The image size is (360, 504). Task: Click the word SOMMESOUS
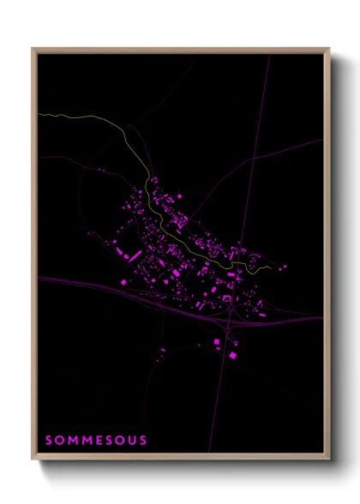pyautogui.click(x=95, y=441)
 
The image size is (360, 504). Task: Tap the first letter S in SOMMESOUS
pyautogui.click(x=48, y=441)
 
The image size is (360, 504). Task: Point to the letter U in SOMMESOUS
pyautogui.click(x=130, y=441)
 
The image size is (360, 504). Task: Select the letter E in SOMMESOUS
pyautogui.click(x=95, y=441)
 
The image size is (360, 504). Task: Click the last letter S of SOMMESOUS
pyautogui.click(x=142, y=441)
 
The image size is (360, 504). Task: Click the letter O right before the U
pyautogui.click(x=118, y=441)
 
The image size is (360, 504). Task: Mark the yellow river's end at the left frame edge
pyautogui.click(x=39, y=113)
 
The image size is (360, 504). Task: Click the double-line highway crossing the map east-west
pyautogui.click(x=103, y=287)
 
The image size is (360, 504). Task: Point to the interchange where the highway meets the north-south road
pyautogui.click(x=231, y=321)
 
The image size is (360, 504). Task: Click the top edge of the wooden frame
pyautogui.click(x=180, y=50)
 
